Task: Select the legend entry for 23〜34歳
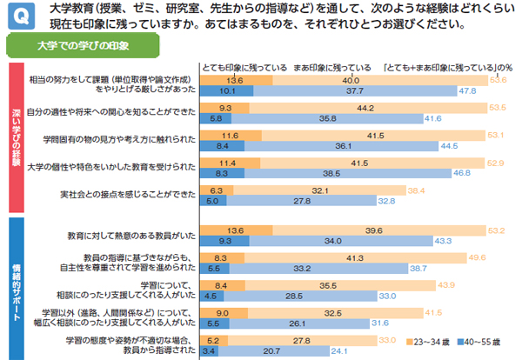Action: pyautogui.click(x=425, y=341)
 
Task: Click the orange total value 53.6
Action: pyautogui.click(x=498, y=80)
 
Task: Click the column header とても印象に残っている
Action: pyautogui.click(x=243, y=67)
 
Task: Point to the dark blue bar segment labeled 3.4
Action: pyautogui.click(x=208, y=352)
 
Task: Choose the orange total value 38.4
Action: pyautogui.click(x=415, y=190)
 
